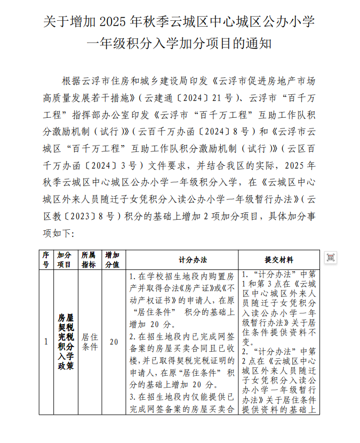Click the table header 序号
pos(46,260)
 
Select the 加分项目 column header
pos(65,260)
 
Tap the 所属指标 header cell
pos(89,260)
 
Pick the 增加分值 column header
pos(112,260)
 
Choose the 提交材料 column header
pos(278,260)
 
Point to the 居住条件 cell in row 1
pos(90,342)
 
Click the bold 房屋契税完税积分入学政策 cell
pos(66,342)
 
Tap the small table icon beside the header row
pos(331,257)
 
